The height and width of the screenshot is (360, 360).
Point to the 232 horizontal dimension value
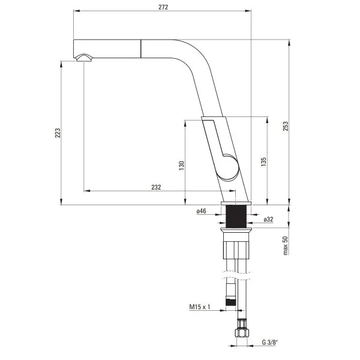click(155, 187)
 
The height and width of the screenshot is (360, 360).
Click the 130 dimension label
click(181, 165)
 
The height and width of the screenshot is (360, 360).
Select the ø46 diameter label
click(201, 211)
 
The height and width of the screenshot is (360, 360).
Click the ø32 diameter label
click(268, 220)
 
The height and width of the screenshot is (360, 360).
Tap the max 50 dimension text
click(286, 245)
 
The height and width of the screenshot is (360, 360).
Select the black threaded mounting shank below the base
click(238, 217)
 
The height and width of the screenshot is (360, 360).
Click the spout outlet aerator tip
click(83, 58)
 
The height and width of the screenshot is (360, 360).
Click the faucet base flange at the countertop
click(238, 203)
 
